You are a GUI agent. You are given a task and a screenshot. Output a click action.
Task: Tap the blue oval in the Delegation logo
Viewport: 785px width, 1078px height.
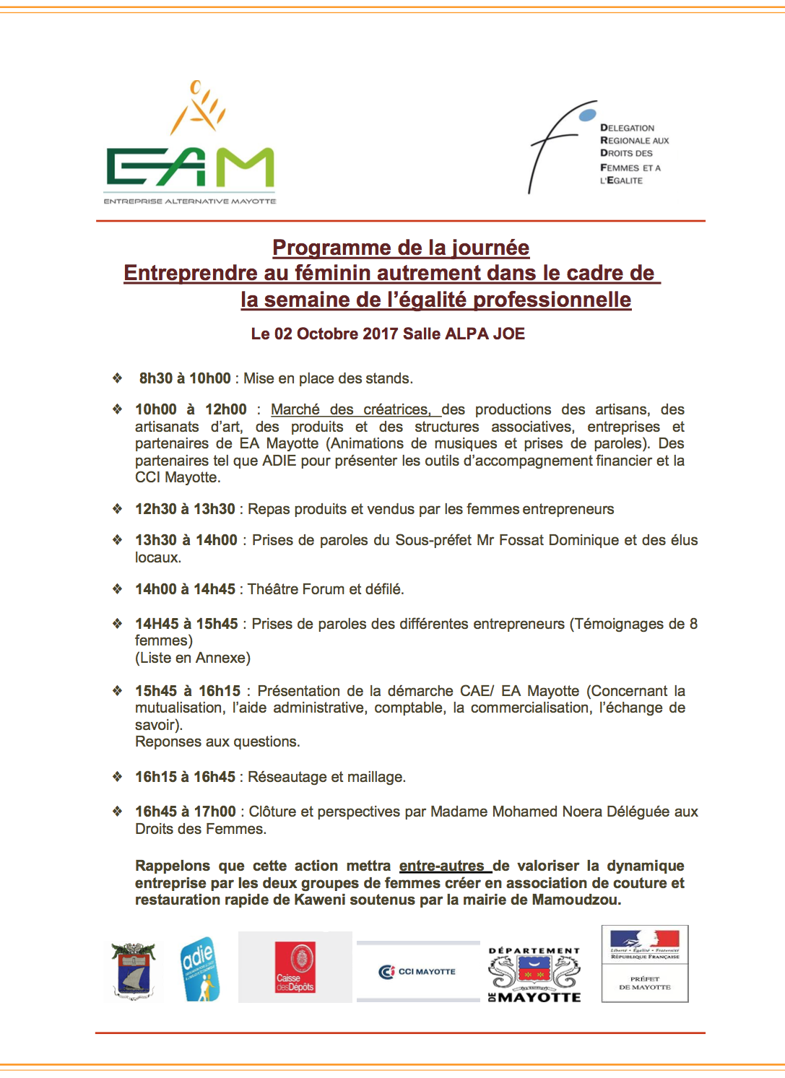coord(588,115)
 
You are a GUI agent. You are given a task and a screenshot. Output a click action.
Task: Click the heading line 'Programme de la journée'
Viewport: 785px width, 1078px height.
coord(401,248)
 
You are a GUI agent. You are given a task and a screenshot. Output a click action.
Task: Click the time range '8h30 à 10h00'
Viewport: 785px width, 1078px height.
coord(185,378)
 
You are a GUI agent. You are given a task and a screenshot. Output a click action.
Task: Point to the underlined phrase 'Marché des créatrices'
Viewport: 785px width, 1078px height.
coord(350,409)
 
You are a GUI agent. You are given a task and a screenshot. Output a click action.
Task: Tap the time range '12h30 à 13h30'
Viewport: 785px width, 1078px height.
coord(185,509)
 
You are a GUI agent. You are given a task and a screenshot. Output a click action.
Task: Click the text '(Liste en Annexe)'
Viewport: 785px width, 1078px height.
coord(193,658)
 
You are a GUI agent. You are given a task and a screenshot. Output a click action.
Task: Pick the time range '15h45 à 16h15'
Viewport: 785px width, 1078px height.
coord(188,691)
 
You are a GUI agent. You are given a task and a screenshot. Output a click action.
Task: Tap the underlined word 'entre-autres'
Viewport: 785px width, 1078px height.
coord(442,866)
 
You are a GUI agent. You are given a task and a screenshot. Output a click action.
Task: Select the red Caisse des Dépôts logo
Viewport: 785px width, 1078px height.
coord(295,968)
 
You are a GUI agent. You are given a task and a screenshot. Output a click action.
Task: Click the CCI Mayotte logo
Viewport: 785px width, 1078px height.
coord(417,972)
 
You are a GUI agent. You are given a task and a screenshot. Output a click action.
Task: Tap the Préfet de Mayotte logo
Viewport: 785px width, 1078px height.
coord(644,963)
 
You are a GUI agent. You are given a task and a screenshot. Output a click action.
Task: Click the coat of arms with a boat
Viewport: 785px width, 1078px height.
coord(133,971)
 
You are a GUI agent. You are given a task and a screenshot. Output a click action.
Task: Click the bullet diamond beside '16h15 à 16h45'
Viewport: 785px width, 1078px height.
coord(117,777)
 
